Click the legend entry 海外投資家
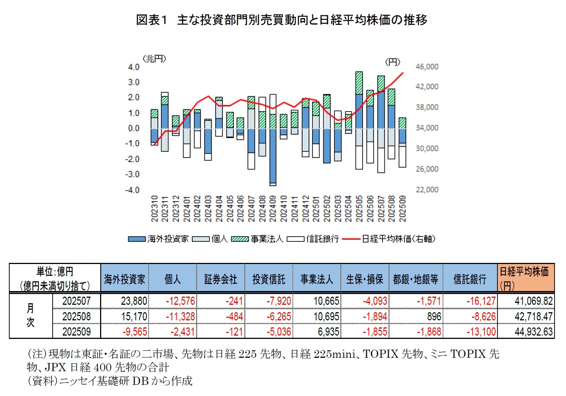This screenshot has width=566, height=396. coord(168,239)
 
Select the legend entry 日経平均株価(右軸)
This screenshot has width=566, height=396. coord(398,239)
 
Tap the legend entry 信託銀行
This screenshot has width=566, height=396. coord(322,239)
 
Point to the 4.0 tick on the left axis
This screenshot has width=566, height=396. coord(133,67)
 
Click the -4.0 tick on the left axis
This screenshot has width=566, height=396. coord(133,190)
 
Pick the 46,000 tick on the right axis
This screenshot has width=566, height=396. coord(427,67)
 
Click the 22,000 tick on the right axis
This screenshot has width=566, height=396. coord(427,190)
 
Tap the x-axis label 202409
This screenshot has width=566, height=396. coord(273,209)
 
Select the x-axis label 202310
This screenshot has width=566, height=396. coord(155,209)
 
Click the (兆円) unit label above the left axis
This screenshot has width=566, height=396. coord(154,59)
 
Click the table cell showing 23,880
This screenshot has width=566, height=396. coord(134,301)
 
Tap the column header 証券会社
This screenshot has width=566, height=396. coord(221,279)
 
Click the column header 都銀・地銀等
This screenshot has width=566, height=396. coord(416,279)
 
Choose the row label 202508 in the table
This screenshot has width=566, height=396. coord(76,316)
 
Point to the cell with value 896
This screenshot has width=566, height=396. coord(434,316)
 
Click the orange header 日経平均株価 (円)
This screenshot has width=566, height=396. coord(525,278)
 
